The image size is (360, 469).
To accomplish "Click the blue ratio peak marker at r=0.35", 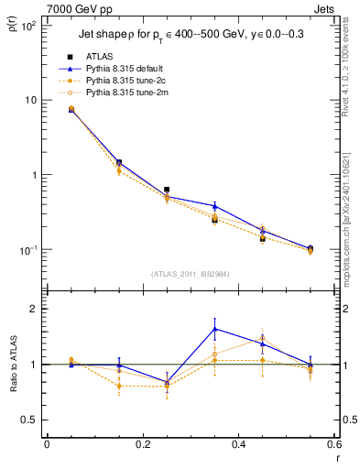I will [x=214, y=329].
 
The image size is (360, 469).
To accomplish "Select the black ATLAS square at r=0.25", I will [x=167, y=190].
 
